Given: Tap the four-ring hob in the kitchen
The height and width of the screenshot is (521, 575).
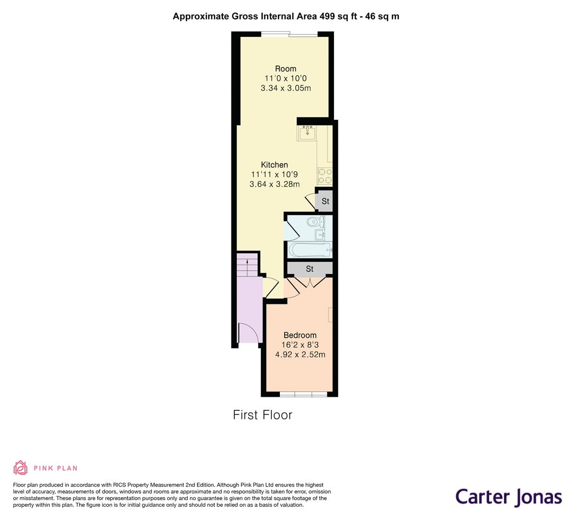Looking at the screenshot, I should click(325, 176).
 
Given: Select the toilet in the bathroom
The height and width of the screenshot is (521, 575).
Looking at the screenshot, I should click(314, 222).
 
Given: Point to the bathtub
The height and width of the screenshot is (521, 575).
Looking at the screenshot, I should click(310, 249).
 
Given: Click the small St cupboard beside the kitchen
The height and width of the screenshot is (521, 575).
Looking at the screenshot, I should click(325, 201).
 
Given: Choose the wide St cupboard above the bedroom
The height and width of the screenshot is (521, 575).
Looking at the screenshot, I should click(310, 269).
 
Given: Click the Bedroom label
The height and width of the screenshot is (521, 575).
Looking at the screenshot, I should click(300, 335).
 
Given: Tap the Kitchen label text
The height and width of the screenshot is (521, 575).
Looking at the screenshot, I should click(275, 164).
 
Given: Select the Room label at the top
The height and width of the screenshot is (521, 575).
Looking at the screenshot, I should click(286, 69).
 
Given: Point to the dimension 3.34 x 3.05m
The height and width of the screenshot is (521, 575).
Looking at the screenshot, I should click(286, 88).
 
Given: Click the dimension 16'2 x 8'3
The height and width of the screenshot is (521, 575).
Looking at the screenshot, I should click(300, 345).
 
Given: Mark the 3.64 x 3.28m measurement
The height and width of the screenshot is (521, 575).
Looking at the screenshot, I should click(275, 184).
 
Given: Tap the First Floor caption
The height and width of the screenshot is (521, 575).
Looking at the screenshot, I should click(263, 415).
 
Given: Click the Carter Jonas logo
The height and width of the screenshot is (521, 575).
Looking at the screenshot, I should click(508, 497).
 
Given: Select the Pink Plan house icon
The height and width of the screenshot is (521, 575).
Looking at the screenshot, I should click(20, 467).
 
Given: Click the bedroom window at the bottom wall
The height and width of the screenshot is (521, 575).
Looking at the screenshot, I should click(303, 394).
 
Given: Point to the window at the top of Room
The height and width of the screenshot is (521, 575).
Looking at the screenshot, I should click(289, 34).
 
